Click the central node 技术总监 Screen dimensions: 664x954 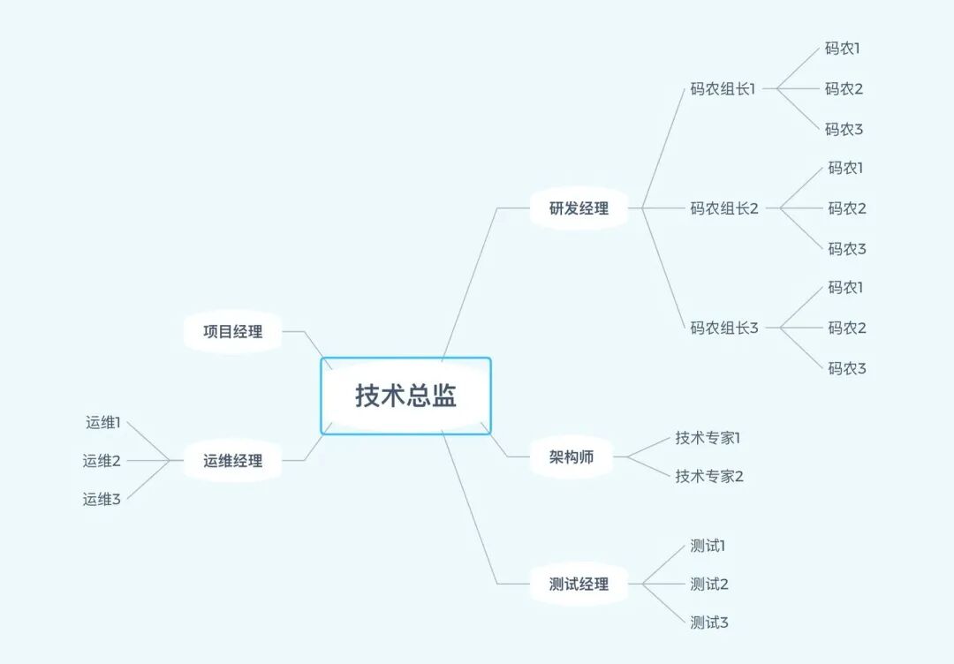[405, 396]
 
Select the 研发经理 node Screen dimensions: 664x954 [579, 209]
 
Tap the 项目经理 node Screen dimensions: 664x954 [232, 332]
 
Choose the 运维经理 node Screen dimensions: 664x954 [232, 460]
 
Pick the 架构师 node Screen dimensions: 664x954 [572, 457]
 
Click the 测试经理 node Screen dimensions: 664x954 [579, 584]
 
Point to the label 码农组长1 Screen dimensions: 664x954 [723, 88]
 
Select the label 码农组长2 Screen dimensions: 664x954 [724, 208]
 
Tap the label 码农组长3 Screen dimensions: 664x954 [724, 328]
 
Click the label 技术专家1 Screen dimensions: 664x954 [708, 437]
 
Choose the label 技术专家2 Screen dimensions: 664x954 [709, 476]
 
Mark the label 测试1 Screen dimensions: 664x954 [708, 545]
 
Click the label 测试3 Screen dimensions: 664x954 [709, 622]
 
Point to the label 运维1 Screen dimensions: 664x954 [102, 422]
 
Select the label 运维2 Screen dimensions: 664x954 [102, 460]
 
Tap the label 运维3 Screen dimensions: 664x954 [102, 499]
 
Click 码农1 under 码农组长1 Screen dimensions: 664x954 [843, 49]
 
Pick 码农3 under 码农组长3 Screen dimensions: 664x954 [847, 368]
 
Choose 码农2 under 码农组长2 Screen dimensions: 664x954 [847, 208]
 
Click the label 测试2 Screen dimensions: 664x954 [709, 584]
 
